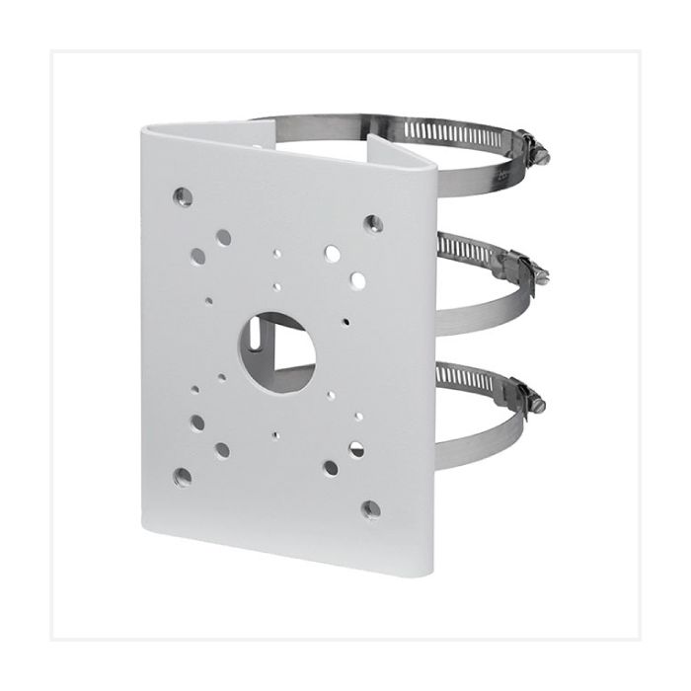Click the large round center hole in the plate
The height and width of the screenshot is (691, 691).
tap(275, 347)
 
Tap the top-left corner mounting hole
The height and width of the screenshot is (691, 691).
tap(182, 193)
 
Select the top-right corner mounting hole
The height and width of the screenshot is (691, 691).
tap(372, 222)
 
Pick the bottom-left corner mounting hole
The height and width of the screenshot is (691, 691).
tap(183, 477)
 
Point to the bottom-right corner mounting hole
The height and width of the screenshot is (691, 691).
tap(371, 509)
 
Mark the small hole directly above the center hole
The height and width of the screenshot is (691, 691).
tap(277, 286)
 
